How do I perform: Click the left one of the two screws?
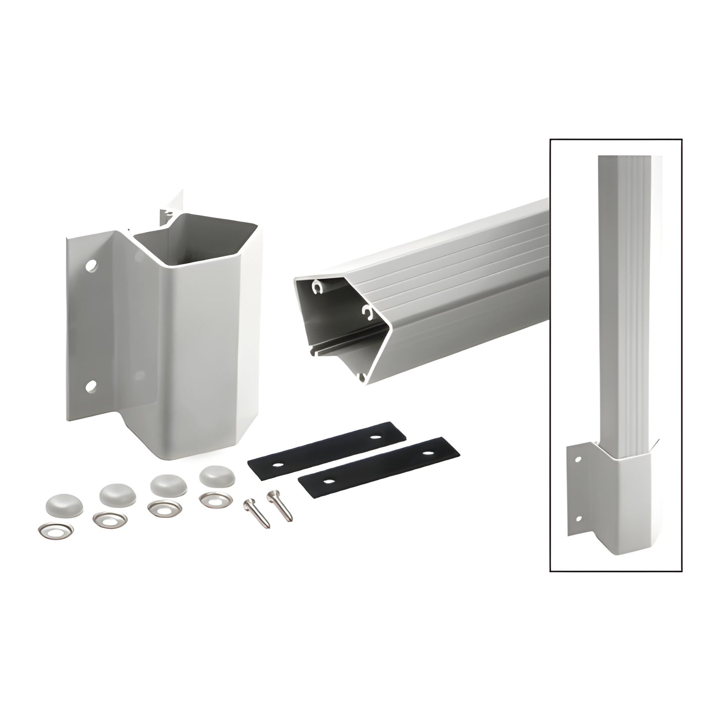click(257, 514)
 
